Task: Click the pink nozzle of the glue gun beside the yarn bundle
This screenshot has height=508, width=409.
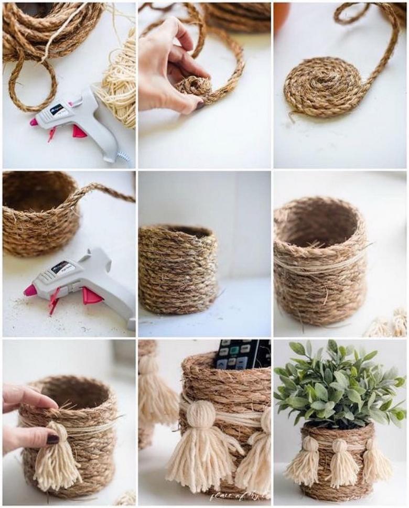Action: click(34, 122)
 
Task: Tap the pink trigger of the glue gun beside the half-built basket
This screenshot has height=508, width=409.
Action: click(91, 296)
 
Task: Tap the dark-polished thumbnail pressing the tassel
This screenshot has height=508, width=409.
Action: click(52, 439)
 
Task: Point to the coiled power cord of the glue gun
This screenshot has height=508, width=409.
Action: click(123, 156)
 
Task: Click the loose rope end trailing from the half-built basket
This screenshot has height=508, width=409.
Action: click(105, 191)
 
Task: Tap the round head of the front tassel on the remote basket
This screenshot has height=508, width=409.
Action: click(202, 414)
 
